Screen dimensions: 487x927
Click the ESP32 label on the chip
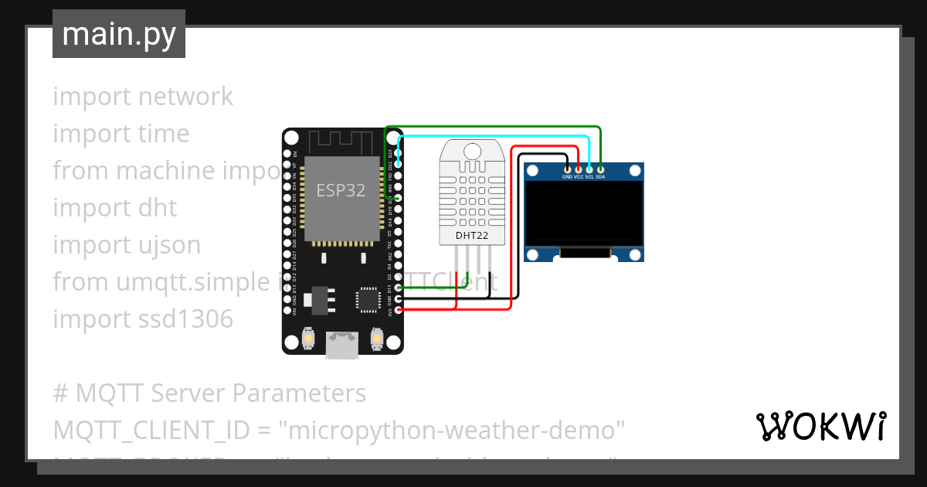341,190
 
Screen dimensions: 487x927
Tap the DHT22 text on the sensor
470,233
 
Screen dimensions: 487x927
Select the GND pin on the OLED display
568,169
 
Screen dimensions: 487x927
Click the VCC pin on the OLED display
579,169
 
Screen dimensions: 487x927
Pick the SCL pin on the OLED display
589,169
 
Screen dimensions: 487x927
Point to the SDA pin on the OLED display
600,169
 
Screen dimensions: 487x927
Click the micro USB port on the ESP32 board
341,344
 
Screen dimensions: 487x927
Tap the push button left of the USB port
308,338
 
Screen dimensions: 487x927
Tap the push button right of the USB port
377,338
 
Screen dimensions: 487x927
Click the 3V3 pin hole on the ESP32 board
398,311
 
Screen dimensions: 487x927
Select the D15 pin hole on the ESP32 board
398,288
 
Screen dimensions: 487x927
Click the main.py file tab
119,34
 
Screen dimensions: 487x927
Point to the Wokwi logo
820,426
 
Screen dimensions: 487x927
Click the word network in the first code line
185,97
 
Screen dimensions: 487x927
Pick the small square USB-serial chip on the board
369,299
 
